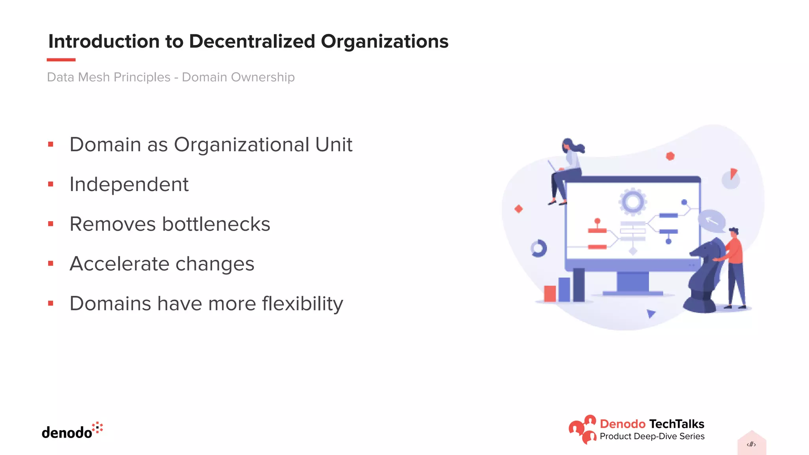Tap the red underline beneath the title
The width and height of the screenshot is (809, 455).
pos(61,60)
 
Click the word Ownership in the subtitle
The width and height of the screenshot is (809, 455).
pos(263,77)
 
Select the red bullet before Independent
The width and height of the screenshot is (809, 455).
pos(51,184)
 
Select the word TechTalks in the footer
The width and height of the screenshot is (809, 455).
pos(676,424)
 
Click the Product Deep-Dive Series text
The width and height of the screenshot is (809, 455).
pos(652,436)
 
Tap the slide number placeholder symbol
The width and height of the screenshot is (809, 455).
pos(751,444)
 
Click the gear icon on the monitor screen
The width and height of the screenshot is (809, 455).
pos(632,202)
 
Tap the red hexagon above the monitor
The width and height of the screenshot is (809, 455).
pos(670,156)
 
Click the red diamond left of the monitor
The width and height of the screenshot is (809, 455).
pos(519,209)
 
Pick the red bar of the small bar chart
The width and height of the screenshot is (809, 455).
pos(549,293)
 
